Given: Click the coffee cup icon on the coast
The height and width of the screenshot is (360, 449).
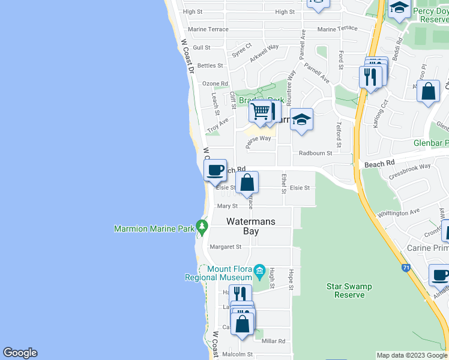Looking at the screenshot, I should (x=215, y=170).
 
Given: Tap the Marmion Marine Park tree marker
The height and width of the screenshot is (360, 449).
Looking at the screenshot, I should (x=203, y=227).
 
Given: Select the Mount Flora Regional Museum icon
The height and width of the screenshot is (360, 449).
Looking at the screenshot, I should (x=260, y=271).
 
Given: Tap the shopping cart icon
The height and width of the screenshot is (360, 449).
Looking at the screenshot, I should (x=259, y=111).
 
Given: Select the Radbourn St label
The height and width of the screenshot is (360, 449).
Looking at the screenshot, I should (x=315, y=153).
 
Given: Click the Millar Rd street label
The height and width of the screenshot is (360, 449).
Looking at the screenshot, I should (x=273, y=341).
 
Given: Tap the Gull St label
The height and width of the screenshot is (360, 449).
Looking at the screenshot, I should (x=202, y=47).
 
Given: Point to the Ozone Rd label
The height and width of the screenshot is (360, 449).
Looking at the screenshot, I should (x=215, y=83).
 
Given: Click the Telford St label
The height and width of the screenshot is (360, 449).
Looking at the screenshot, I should (x=339, y=135).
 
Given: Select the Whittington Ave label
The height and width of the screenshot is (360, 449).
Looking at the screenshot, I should (x=399, y=213).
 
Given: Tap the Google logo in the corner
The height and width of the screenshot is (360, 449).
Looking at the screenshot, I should (x=20, y=353).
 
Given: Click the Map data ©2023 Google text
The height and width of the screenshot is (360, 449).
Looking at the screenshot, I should (x=412, y=355).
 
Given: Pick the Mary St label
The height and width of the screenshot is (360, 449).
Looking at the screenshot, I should (x=224, y=206).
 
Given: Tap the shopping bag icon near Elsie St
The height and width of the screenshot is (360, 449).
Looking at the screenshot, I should (x=247, y=182).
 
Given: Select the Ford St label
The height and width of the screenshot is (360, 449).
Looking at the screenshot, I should (x=340, y=59).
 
